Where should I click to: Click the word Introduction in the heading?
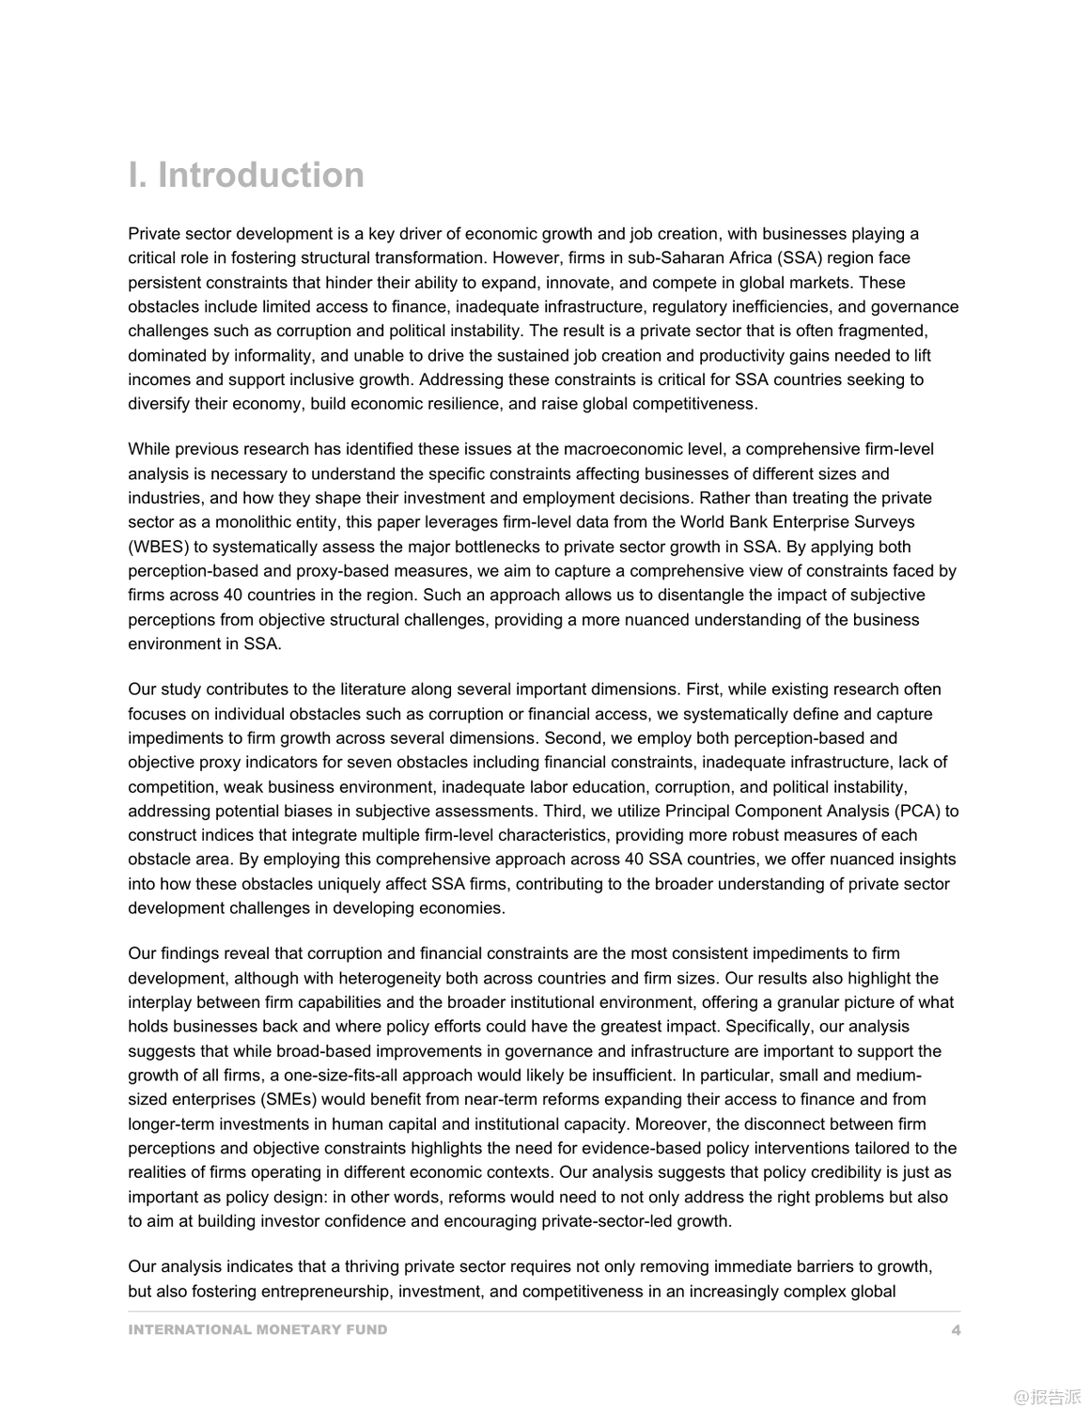point(260,176)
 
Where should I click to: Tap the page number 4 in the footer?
point(956,1329)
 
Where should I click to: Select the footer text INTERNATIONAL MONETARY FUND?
point(257,1329)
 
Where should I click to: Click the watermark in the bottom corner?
point(1047,1396)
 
